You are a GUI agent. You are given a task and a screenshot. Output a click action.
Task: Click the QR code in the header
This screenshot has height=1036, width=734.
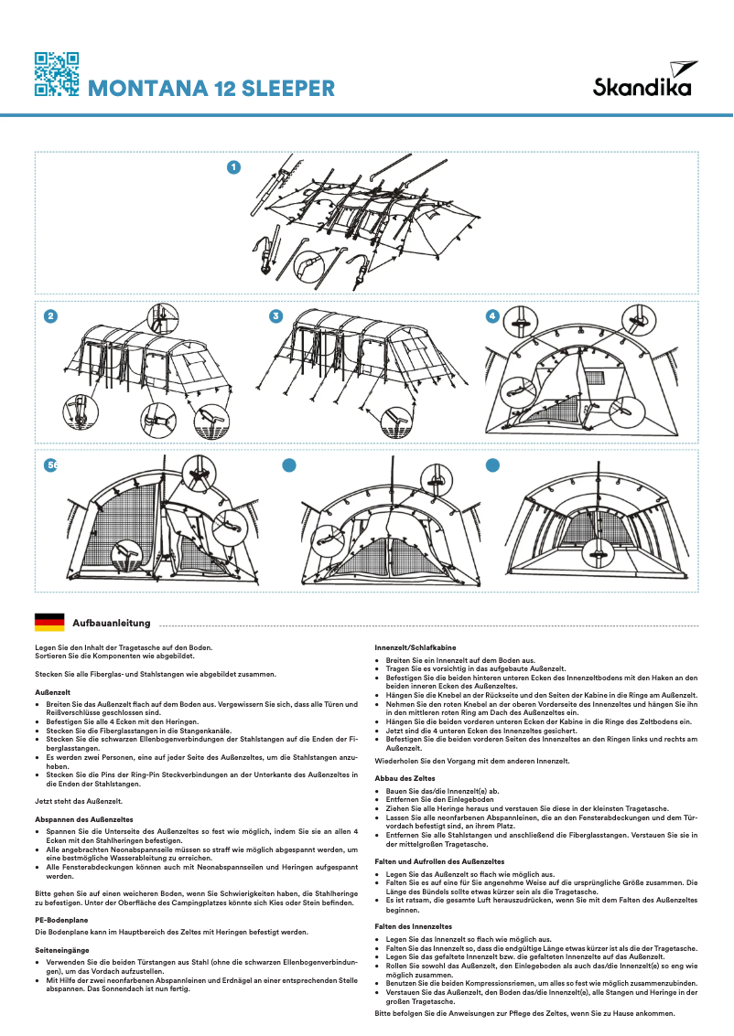56,74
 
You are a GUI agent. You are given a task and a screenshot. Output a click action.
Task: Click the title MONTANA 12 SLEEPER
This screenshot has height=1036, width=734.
210,89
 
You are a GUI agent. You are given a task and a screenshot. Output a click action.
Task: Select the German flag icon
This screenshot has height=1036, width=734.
49,623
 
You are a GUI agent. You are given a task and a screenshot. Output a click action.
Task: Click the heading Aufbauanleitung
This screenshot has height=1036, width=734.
111,623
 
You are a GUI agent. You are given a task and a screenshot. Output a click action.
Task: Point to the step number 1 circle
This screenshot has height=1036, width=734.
233,166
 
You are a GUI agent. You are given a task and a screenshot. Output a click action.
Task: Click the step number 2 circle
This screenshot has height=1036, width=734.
50,316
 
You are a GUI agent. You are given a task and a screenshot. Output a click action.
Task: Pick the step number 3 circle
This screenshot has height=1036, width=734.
275,316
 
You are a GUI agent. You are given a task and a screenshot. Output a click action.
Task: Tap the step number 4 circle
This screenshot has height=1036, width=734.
492,316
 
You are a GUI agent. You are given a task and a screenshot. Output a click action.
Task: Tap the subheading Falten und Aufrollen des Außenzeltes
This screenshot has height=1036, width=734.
439,861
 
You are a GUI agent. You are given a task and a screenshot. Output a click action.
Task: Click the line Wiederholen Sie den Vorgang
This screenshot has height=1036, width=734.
472,761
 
